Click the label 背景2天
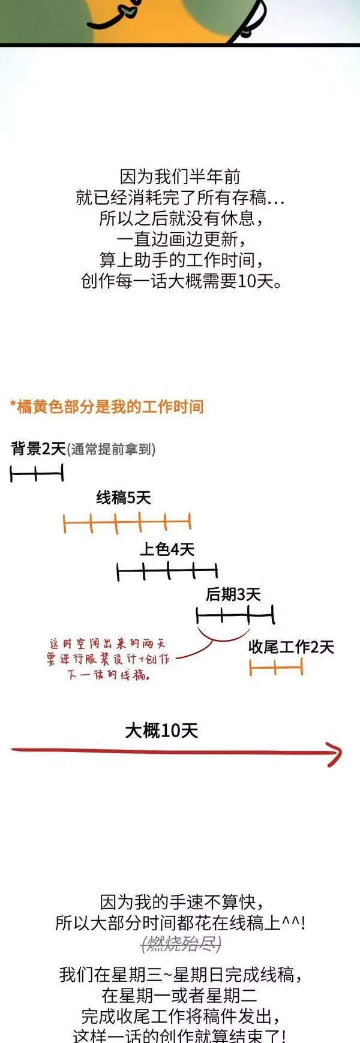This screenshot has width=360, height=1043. [x=38, y=449]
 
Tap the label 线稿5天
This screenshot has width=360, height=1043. [x=124, y=497]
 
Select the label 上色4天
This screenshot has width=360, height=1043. [x=167, y=549]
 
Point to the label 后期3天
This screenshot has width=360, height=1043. [x=233, y=594]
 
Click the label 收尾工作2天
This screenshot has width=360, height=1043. [x=291, y=647]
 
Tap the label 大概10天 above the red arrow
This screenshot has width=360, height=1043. [x=161, y=731]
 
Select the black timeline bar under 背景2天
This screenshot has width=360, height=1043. [x=37, y=474]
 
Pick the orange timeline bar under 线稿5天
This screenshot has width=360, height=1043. [x=127, y=523]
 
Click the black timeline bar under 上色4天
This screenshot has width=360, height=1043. [x=167, y=572]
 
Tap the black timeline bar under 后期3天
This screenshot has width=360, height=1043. [x=235, y=615]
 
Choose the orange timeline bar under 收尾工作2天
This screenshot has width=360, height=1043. [x=276, y=667]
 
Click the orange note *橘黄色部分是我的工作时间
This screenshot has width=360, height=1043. [x=107, y=407]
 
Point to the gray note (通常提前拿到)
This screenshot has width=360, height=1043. [x=111, y=449]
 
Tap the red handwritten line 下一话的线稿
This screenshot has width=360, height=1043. [x=108, y=675]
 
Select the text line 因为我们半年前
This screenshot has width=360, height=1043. [x=180, y=176]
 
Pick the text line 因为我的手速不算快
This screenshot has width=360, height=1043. [x=181, y=902]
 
